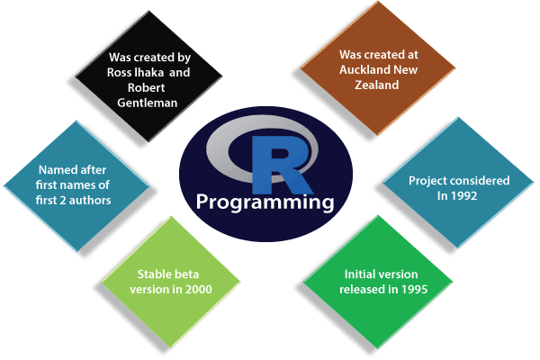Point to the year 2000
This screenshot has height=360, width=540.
pos(185,289)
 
